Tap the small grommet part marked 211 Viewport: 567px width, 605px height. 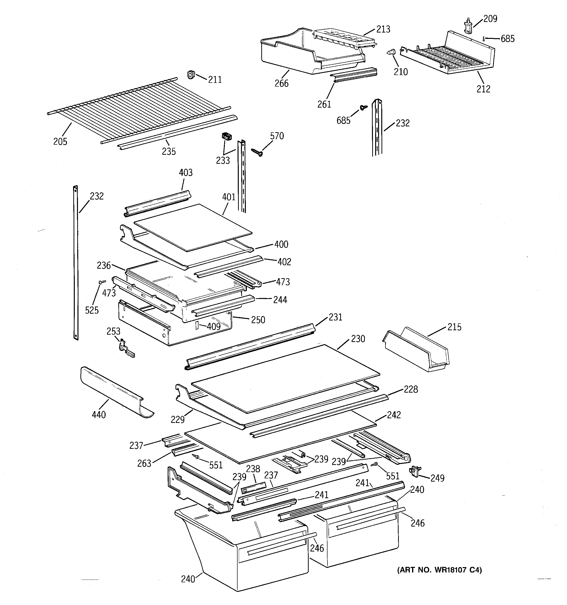pyautogui.click(x=191, y=74)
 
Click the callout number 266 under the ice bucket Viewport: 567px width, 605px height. pyautogui.click(x=281, y=83)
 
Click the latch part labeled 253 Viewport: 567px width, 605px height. pyautogui.click(x=125, y=348)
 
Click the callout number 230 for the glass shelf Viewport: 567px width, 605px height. pyautogui.click(x=358, y=339)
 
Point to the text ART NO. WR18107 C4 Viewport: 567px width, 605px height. pyautogui.click(x=439, y=570)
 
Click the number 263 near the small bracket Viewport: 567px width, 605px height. pyautogui.click(x=144, y=463)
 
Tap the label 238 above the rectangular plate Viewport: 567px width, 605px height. pyautogui.click(x=253, y=469)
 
